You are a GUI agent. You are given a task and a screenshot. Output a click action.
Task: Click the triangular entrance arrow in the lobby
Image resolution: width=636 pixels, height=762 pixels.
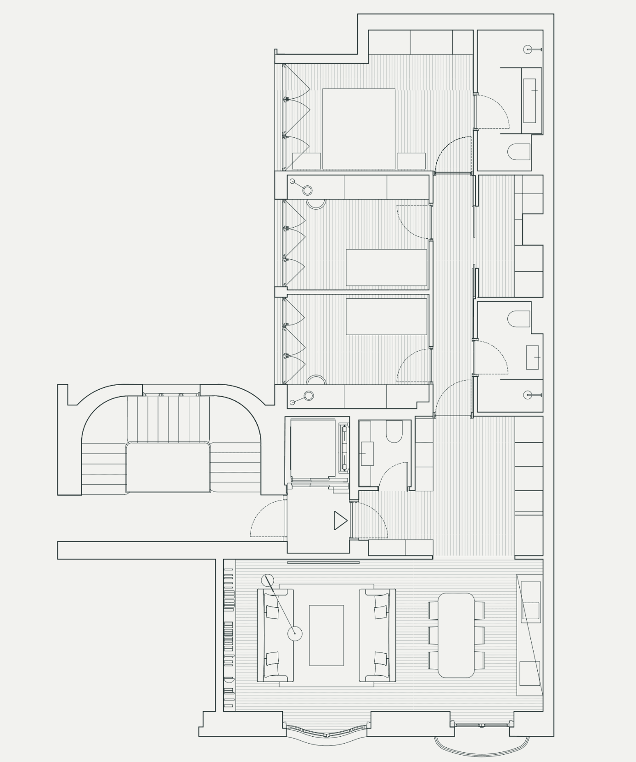pos(340,521)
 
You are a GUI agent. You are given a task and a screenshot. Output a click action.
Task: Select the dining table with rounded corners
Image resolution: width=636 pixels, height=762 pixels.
pos(456,635)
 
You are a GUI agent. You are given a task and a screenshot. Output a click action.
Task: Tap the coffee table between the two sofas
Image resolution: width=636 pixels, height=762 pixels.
pos(326,635)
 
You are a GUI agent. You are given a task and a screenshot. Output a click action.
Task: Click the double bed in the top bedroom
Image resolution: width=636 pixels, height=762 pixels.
pos(359,129)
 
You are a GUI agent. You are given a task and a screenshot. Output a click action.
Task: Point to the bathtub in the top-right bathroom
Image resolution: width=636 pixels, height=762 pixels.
pos(529,100)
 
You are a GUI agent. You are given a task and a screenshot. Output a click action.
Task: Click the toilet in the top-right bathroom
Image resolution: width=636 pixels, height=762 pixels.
pos(520,152)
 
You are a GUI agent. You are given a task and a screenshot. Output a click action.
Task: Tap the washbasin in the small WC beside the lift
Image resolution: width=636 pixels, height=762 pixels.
pos(366,454)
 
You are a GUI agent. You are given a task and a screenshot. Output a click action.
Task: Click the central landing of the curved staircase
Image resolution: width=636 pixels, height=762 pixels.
pos(168,467)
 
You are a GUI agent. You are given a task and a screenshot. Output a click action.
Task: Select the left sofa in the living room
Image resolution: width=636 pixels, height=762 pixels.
pos(275,635)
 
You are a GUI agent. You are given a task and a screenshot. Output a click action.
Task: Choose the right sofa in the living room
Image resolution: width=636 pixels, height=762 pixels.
pos(377,635)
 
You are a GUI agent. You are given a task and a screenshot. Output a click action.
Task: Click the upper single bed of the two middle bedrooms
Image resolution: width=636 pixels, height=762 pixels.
pos(386,267)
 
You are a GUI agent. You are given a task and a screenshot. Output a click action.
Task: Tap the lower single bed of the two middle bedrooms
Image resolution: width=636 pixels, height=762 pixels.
pos(386,317)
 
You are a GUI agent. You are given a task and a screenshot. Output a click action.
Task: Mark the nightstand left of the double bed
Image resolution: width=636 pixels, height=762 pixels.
pos(306,161)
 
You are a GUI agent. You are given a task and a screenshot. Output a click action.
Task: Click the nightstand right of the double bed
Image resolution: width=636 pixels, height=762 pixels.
pos(411,161)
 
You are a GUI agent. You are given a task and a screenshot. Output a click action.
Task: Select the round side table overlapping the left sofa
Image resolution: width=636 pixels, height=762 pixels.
pos(295,634)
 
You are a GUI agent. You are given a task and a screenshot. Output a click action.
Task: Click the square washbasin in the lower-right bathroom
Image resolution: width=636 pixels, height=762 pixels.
pos(532,357)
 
